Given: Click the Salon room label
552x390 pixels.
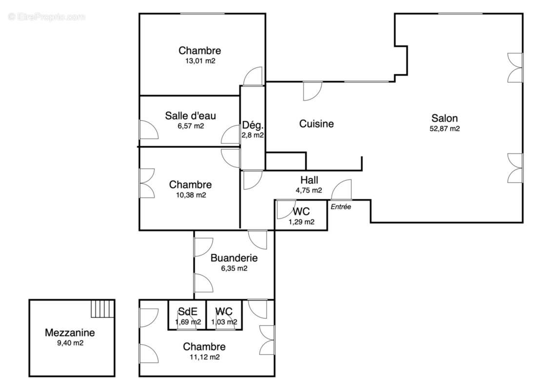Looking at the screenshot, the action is click(445, 118).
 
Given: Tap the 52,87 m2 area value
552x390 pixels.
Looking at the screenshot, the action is click(445, 129).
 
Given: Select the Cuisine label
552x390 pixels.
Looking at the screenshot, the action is click(316, 123).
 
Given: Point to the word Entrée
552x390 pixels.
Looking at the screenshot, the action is click(341, 207).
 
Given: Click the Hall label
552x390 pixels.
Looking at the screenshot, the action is click(309, 180).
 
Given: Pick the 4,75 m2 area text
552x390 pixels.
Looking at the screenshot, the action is click(309, 191).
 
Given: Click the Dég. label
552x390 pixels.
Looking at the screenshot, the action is click(253, 125).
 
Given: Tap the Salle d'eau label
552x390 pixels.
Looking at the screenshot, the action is click(191, 116).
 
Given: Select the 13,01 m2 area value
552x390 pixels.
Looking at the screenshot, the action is click(200, 61).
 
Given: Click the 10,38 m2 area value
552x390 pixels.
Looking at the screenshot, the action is click(191, 195).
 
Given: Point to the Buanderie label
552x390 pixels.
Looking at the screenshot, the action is click(234, 258).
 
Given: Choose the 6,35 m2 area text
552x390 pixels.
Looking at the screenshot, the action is click(234, 269).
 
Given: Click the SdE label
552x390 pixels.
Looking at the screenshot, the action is click(188, 312).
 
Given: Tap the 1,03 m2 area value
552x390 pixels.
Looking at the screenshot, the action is click(224, 322).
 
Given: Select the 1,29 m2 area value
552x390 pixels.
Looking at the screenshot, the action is click(301, 222).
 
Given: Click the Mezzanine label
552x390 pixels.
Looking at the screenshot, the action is click(70, 332).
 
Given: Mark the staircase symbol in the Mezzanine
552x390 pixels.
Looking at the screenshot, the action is click(103, 309).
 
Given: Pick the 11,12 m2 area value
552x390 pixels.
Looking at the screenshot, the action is click(204, 357).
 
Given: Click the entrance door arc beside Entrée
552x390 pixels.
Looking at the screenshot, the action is click(341, 190).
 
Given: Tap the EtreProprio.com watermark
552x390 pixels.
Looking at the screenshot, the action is click(47, 17).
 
